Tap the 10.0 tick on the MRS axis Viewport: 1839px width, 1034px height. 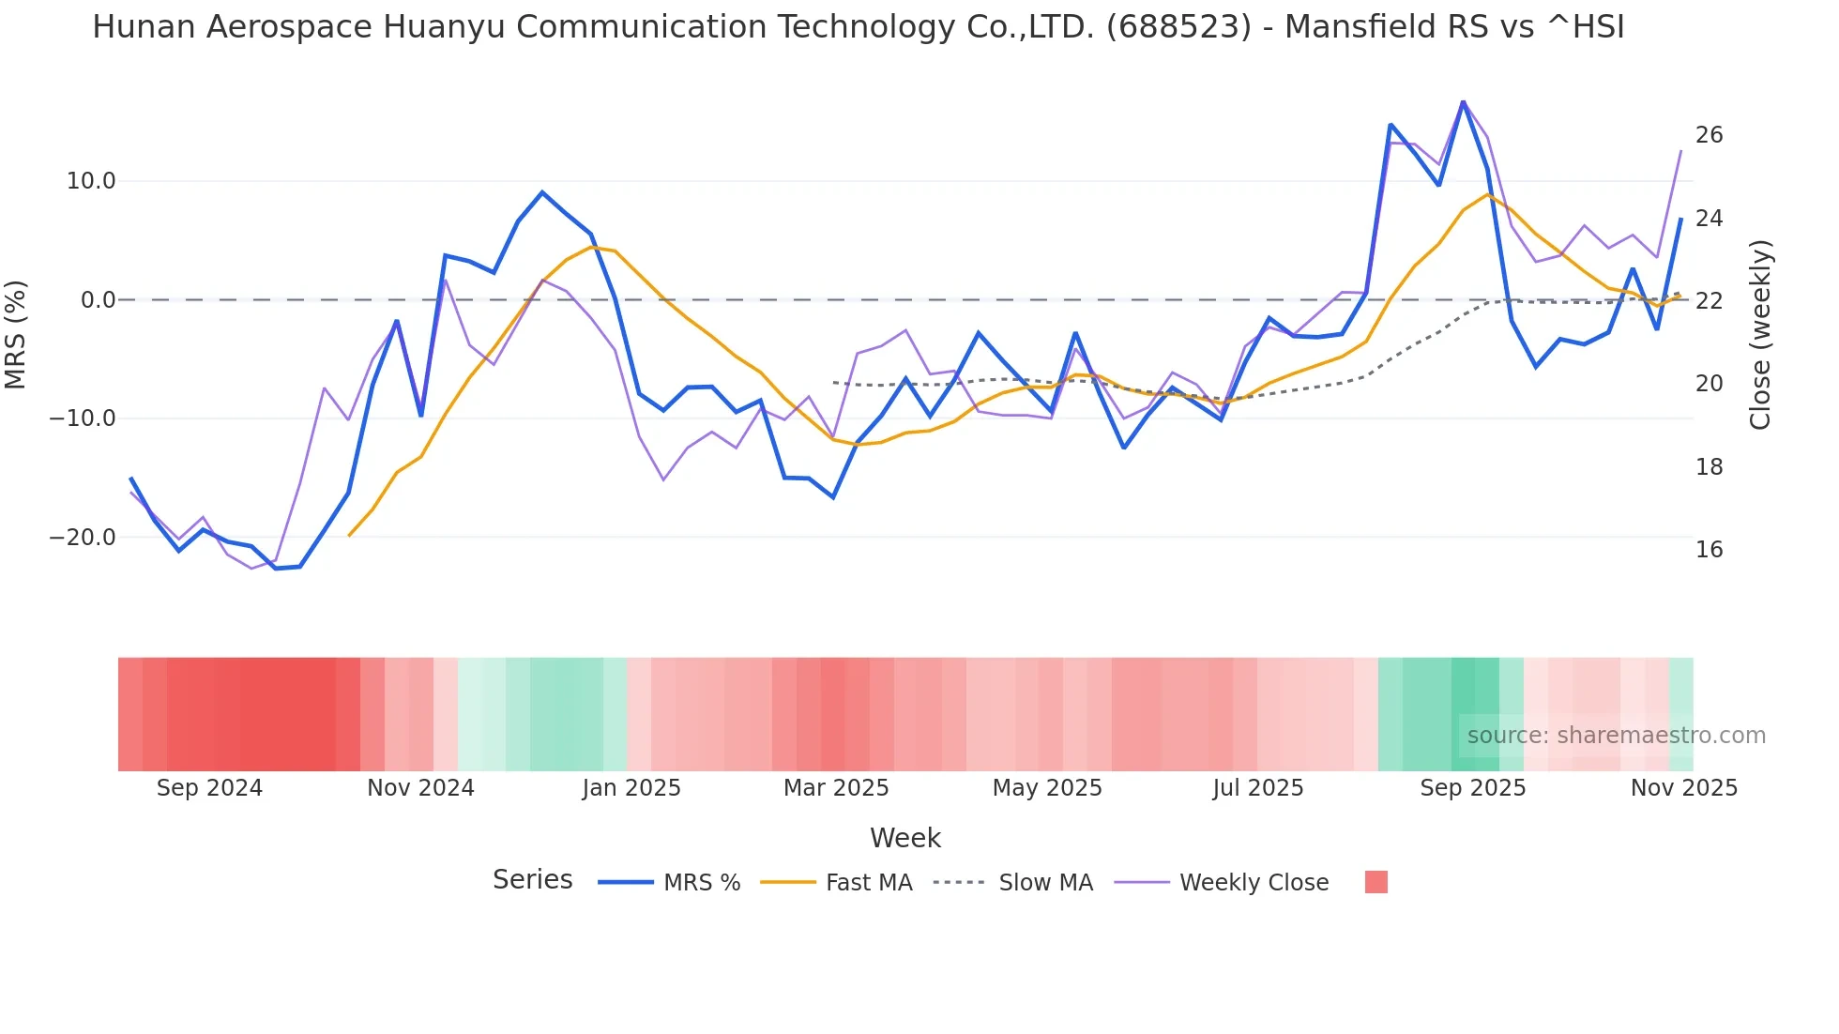[91, 181]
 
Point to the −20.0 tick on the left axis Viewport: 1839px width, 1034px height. [83, 538]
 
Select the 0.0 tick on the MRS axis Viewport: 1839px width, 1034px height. [99, 300]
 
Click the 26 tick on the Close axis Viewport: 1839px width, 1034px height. [1709, 135]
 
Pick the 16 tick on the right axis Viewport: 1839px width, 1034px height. [1709, 550]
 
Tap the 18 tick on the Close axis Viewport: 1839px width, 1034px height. [1709, 467]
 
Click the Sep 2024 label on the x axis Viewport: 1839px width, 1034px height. [209, 788]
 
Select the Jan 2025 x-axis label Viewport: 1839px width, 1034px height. [631, 788]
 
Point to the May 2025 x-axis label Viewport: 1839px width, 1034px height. [1047, 788]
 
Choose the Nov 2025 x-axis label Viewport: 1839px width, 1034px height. [1683, 788]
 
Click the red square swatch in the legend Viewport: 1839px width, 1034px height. [1375, 882]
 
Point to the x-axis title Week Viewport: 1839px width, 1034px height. [904, 838]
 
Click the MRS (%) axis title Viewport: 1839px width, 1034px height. [16, 334]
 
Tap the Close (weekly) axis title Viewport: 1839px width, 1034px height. [1760, 334]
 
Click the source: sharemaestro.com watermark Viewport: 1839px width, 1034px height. [1616, 736]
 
